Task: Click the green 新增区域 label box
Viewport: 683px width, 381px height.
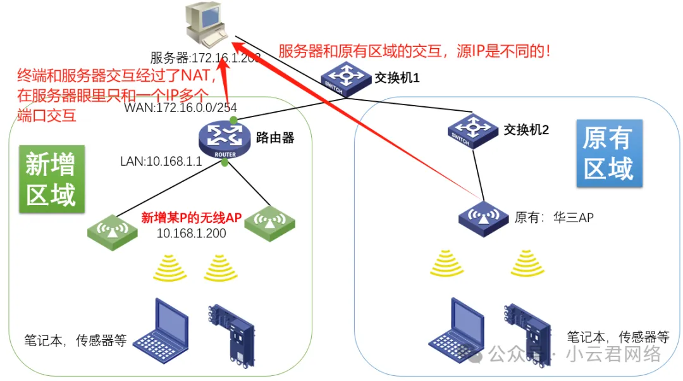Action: click(51, 178)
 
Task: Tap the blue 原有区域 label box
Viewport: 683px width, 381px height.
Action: click(609, 154)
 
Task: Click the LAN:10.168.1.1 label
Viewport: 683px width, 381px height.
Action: click(161, 161)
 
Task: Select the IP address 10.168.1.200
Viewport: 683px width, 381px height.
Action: click(192, 234)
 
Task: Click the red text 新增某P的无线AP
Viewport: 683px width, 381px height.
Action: click(192, 218)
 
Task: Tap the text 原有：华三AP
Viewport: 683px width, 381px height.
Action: click(554, 218)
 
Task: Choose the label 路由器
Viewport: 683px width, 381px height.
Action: click(275, 137)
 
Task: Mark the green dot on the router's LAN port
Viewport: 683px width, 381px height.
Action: click(225, 163)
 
